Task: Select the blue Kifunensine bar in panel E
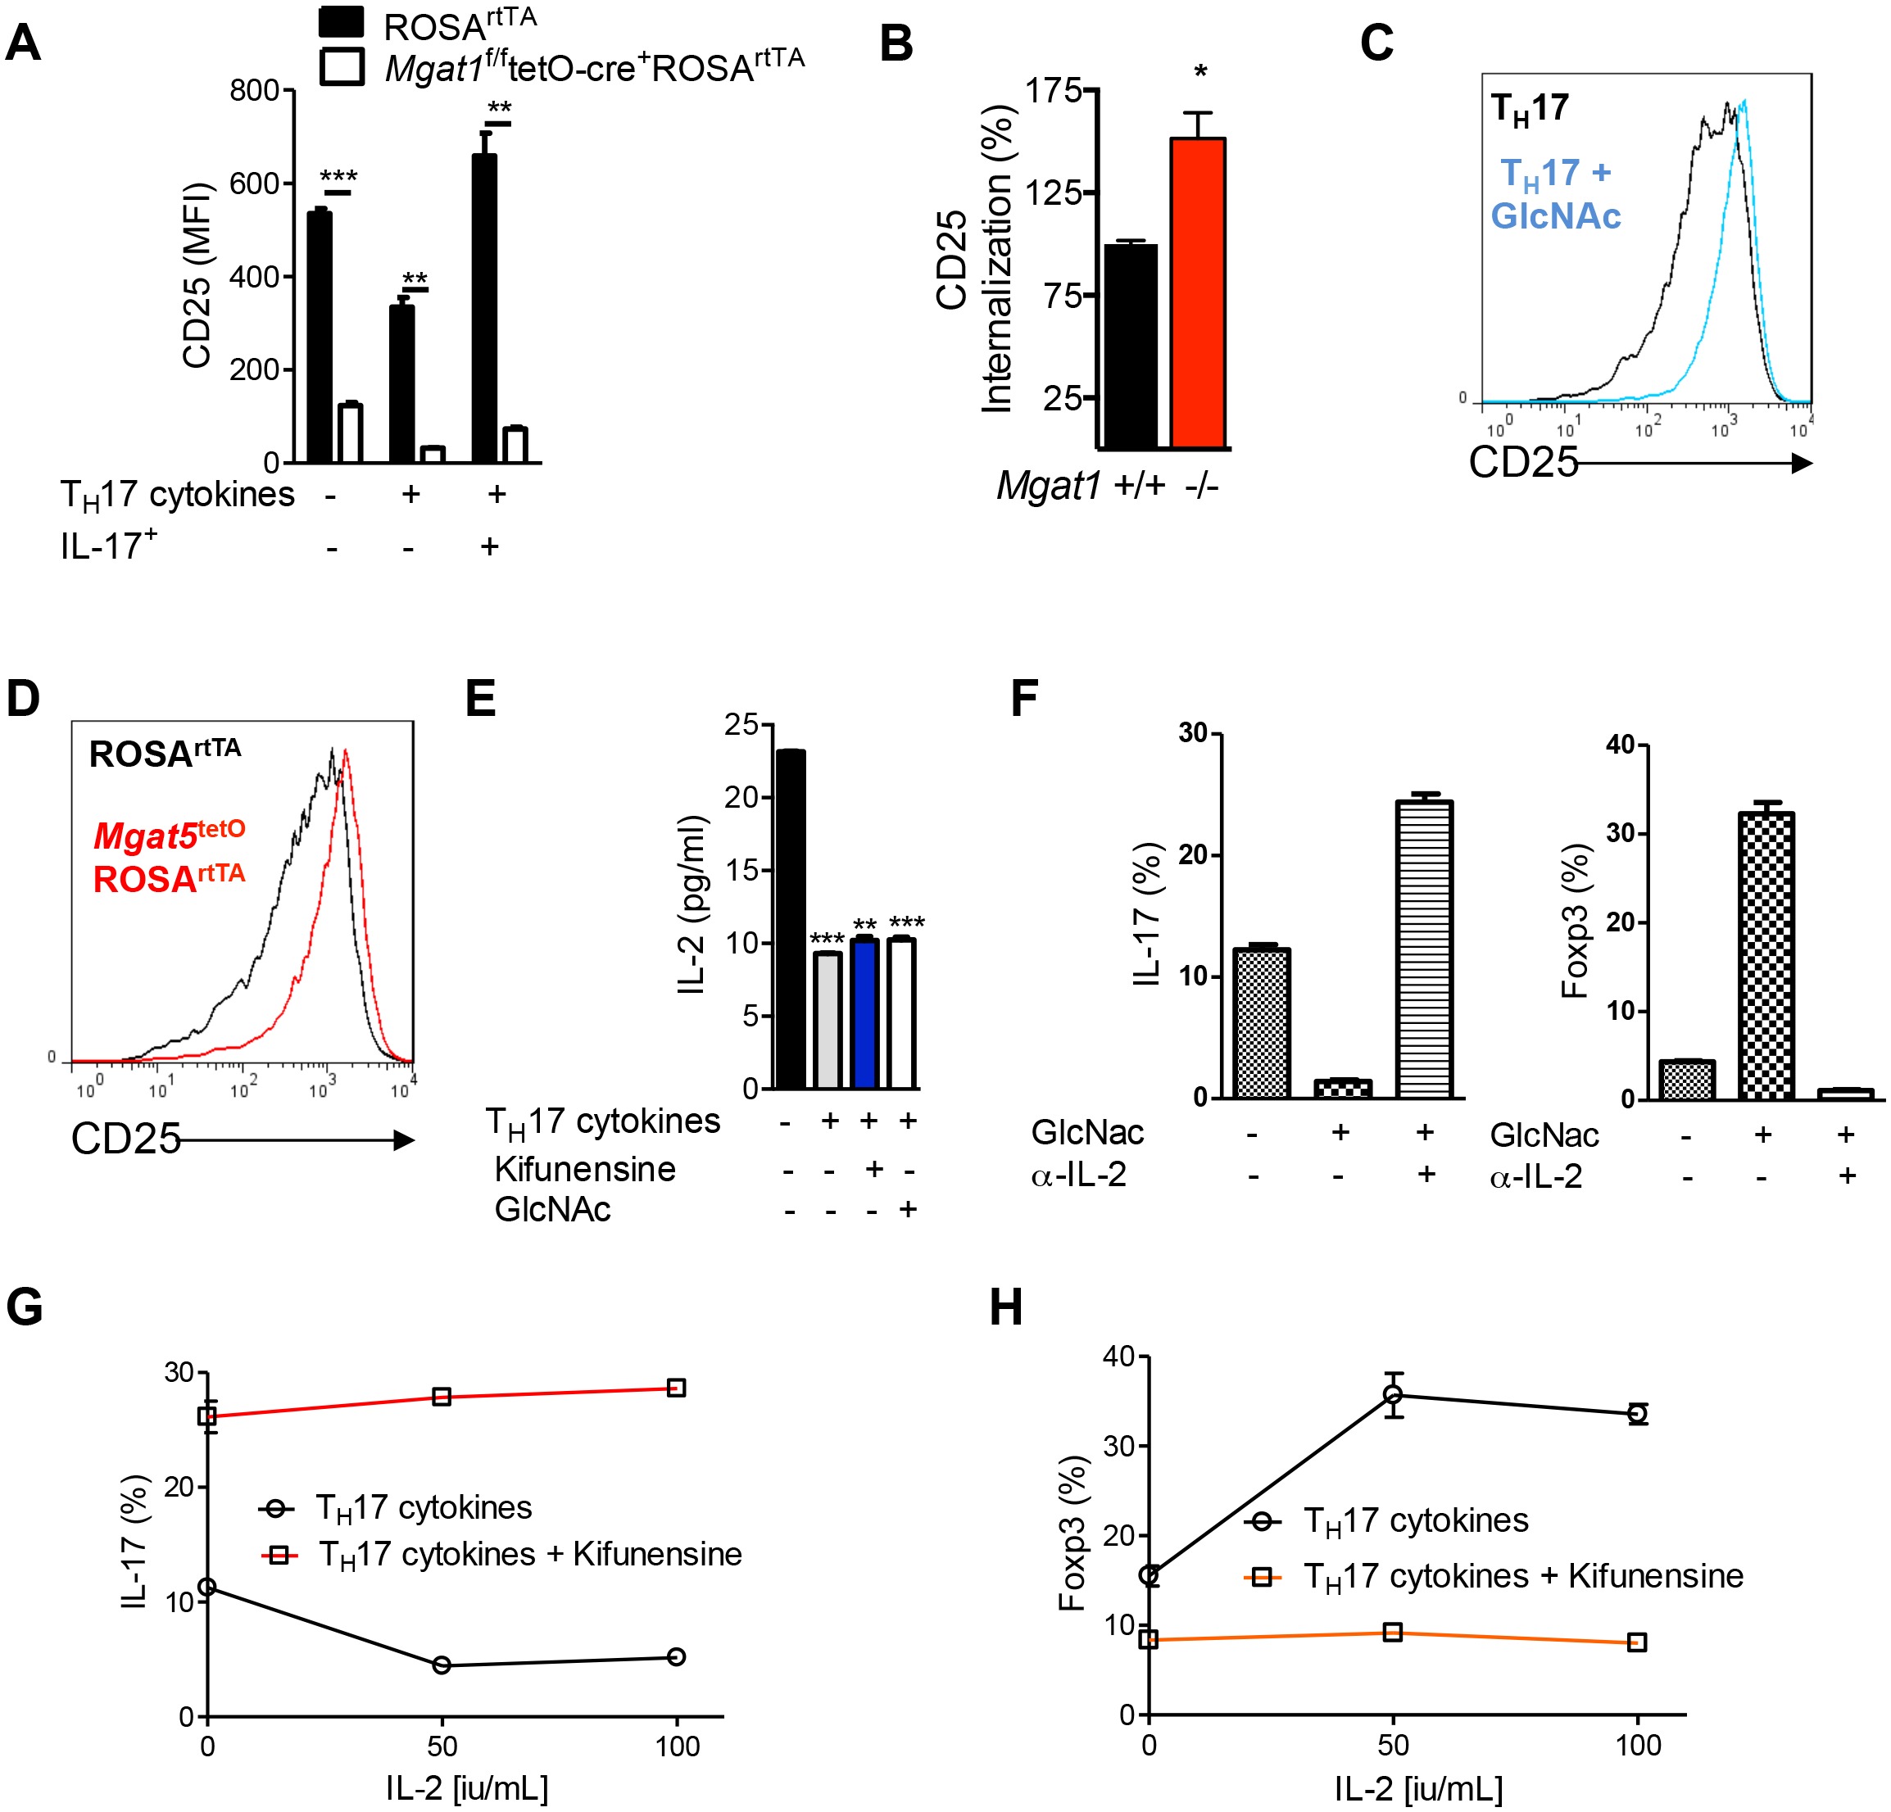tap(865, 1012)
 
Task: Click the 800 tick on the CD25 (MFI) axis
tap(254, 91)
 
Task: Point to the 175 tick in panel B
tap(1053, 91)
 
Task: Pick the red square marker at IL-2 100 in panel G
tap(676, 1388)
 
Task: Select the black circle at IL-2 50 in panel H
tap(1392, 1394)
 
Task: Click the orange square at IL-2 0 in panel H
tap(1149, 1639)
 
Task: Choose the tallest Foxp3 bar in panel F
tap(1766, 955)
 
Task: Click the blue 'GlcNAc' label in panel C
tap(1555, 215)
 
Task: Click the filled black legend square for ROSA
tap(342, 22)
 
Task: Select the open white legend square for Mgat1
tap(342, 66)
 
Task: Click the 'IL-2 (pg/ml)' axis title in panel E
tap(692, 904)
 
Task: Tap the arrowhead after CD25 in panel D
tap(403, 1140)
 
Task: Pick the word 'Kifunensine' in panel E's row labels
tap(585, 1170)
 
